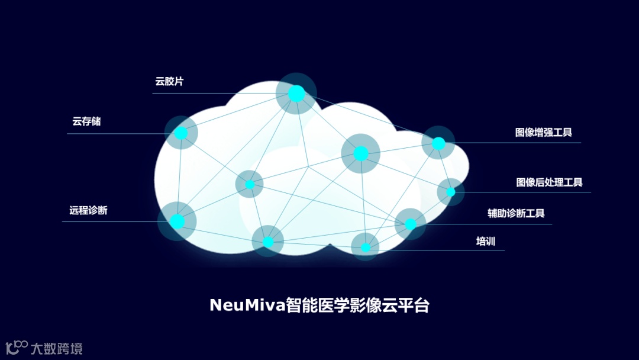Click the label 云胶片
click(169, 82)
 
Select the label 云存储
click(86, 121)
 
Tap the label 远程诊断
click(88, 210)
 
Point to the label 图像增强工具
click(543, 132)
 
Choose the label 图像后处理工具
click(549, 182)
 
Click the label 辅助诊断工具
click(516, 213)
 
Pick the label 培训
click(486, 242)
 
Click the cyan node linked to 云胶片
click(296, 94)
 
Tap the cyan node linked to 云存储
click(181, 133)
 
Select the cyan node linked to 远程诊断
click(177, 221)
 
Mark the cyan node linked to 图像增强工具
click(438, 143)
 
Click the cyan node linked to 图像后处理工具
click(451, 192)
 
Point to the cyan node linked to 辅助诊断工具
click(411, 224)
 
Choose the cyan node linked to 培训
click(366, 247)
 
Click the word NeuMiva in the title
click(247, 306)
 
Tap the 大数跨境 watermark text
click(57, 348)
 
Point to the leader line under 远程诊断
click(112, 222)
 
